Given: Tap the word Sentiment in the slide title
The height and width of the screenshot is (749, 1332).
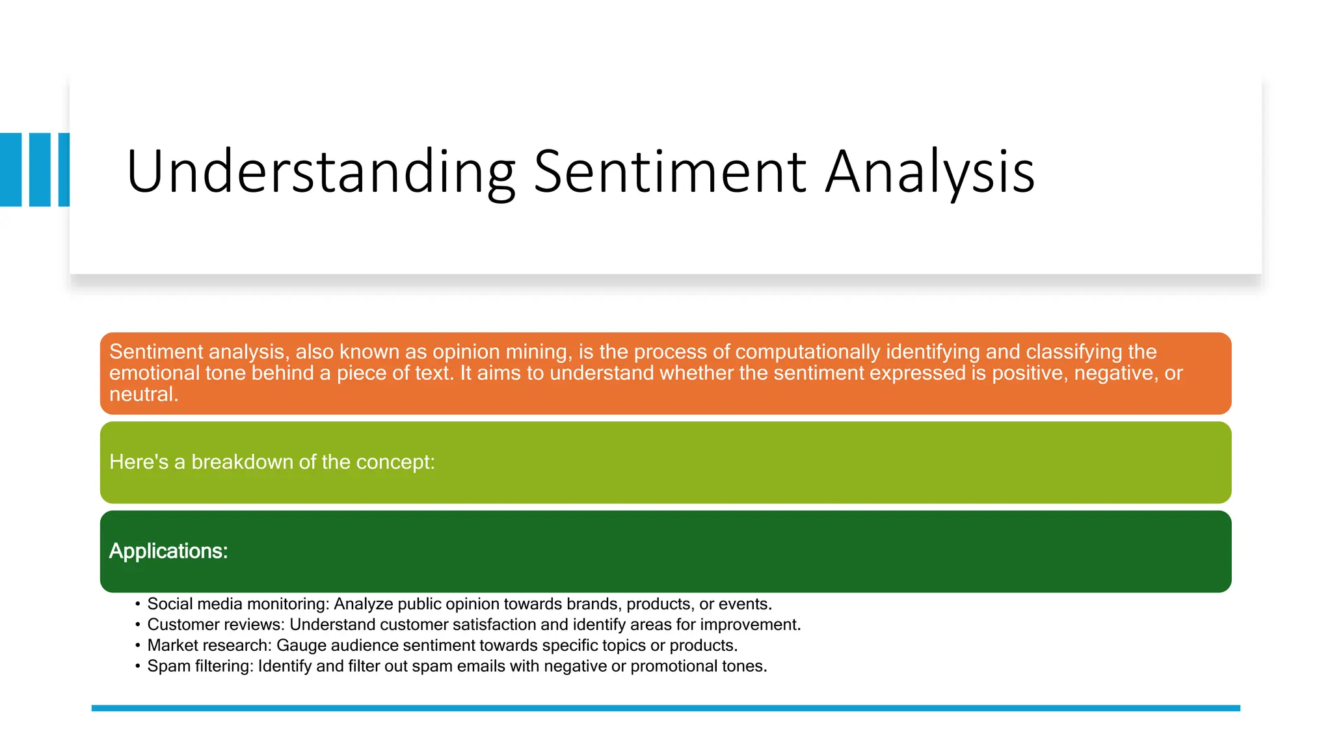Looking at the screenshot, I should pyautogui.click(x=670, y=172).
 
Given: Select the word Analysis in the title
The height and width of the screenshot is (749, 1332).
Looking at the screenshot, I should pyautogui.click(x=929, y=172).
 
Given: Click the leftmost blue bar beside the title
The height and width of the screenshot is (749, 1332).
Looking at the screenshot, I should pyautogui.click(x=10, y=170).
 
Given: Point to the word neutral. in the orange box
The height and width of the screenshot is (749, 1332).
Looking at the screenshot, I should pyautogui.click(x=143, y=394).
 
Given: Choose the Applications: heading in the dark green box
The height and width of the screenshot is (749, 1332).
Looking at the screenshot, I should pyautogui.click(x=168, y=551).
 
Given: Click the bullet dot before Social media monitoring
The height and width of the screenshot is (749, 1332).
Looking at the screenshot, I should pyautogui.click(x=138, y=605).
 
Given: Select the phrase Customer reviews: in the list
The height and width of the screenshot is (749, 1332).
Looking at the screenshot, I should pyautogui.click(x=216, y=625).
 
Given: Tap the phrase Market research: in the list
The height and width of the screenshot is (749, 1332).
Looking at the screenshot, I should pyautogui.click(x=209, y=646).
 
